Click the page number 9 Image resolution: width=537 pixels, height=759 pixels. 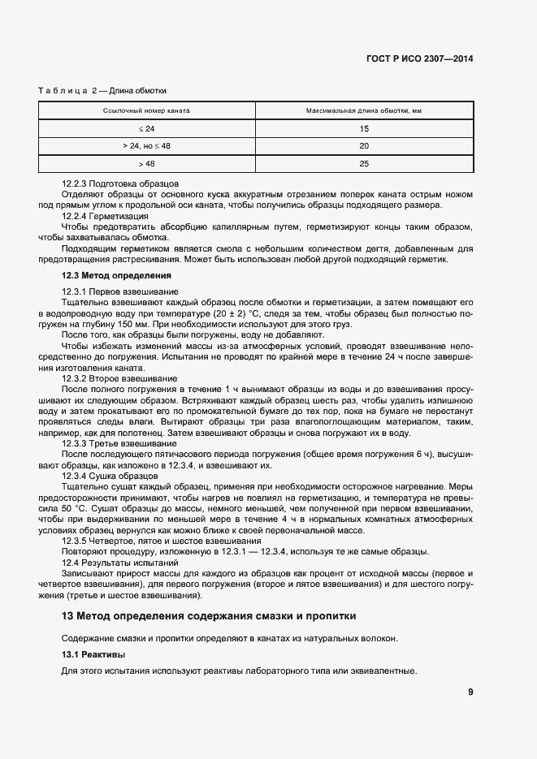(x=470, y=692)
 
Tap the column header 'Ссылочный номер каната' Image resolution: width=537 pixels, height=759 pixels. (x=146, y=110)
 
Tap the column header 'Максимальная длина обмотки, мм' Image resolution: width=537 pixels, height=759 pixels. (x=363, y=110)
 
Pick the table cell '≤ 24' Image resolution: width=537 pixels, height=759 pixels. (x=146, y=128)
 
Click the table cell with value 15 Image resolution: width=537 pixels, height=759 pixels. (x=363, y=128)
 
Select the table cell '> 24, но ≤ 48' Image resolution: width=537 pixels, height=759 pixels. (x=146, y=146)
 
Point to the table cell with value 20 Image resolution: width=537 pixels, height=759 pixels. (x=363, y=146)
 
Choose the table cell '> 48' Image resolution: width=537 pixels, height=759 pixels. (x=146, y=164)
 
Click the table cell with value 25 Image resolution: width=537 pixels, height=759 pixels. (x=363, y=164)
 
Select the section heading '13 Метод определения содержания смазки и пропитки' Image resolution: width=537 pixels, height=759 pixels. (x=209, y=616)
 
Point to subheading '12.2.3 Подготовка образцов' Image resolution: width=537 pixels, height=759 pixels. (x=120, y=184)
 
